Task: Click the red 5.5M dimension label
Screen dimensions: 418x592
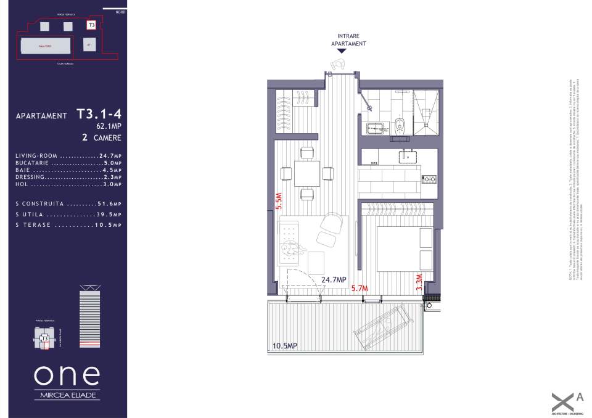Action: coord(279,201)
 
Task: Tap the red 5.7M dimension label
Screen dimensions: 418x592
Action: coord(359,287)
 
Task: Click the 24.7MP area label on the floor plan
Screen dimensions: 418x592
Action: coord(334,280)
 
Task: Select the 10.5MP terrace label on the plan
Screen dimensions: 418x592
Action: coord(285,346)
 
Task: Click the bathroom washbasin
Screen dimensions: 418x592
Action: coord(376,128)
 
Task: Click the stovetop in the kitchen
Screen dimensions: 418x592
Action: coord(429,179)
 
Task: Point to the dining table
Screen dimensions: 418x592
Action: coord(306,173)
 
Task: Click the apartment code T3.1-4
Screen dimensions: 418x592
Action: coord(99,114)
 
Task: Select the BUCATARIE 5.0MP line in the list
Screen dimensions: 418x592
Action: coord(68,163)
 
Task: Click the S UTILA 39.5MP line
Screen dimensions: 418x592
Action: coord(68,214)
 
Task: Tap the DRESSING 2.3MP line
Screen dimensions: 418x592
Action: coord(68,177)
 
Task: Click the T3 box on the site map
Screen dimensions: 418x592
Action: coord(91,25)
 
